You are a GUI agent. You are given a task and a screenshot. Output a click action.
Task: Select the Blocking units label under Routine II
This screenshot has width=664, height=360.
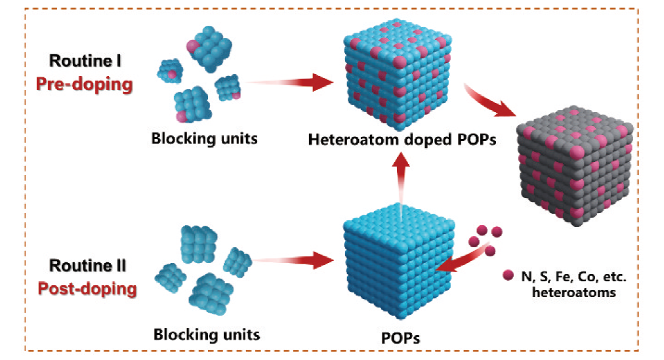click(x=207, y=334)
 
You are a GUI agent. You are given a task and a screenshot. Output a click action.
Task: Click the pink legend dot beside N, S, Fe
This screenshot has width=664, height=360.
click(x=507, y=275)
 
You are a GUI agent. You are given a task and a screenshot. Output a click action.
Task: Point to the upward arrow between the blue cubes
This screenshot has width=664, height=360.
click(x=402, y=179)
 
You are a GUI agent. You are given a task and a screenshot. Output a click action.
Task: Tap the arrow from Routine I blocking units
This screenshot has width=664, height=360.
click(x=289, y=83)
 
